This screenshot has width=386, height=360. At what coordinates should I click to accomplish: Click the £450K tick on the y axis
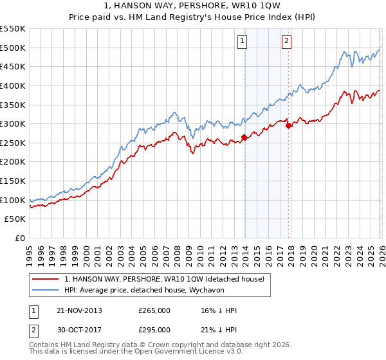[x=12, y=66]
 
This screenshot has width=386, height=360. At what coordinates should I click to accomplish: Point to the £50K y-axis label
[x=15, y=219]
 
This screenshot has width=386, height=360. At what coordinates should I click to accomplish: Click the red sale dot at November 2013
[x=244, y=137]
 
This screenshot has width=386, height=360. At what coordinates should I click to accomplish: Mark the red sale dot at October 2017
[x=289, y=125]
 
